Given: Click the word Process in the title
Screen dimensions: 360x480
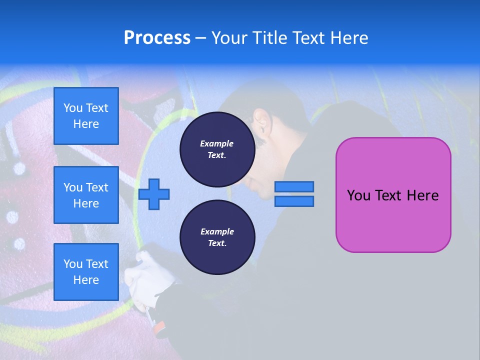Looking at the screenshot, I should (157, 37).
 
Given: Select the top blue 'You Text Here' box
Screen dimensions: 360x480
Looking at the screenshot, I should (86, 116).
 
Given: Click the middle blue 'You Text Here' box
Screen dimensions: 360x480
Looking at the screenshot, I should (86, 195).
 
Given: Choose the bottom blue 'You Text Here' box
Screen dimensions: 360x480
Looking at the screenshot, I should (86, 271).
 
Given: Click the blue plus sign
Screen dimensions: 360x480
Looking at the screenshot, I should (154, 193).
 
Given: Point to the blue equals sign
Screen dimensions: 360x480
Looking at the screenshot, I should (294, 194).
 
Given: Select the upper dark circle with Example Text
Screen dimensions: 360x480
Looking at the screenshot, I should (217, 149).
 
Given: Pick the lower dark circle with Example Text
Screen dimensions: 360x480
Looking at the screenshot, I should (217, 237).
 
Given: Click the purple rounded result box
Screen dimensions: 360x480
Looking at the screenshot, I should (393, 195).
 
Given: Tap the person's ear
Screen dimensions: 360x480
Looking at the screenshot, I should (261, 119).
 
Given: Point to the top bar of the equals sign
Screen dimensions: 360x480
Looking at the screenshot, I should (294, 186).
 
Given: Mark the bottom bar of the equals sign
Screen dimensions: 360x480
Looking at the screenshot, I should (294, 201).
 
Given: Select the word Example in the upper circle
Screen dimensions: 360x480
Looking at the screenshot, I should (217, 144).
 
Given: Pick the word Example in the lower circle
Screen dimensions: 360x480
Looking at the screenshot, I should (217, 232).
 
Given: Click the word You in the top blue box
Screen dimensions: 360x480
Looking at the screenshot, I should (73, 108).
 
